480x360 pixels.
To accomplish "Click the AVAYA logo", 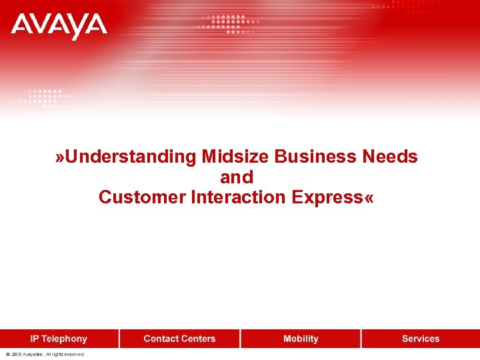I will click(x=59, y=26).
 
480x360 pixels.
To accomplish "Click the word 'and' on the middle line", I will click(x=237, y=177).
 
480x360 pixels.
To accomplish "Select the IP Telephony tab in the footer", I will click(x=59, y=339).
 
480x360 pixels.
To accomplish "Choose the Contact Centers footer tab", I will click(x=179, y=339).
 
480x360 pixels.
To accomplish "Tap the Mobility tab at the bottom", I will click(x=301, y=339).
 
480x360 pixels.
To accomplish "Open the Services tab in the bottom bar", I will click(x=421, y=339).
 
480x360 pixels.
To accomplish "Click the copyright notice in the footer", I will click(x=45, y=355).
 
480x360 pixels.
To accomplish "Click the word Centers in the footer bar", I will click(x=198, y=339).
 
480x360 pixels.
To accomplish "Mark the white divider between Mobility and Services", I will click(x=361, y=339).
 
